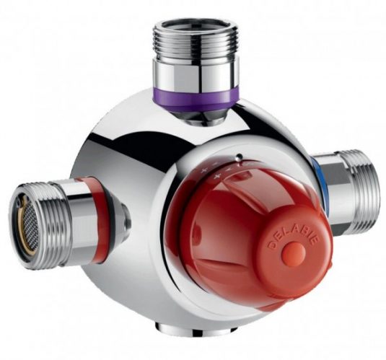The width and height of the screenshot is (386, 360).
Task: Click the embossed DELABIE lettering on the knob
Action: tap(294, 238)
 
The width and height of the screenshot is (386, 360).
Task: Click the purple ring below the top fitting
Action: tap(196, 99)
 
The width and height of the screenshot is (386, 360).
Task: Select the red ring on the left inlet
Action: tap(95, 219)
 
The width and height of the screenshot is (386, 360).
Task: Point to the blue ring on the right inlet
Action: tap(320, 183)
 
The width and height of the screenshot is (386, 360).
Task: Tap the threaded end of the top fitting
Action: tap(196, 41)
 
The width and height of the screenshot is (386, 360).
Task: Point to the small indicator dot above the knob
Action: tap(239, 156)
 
